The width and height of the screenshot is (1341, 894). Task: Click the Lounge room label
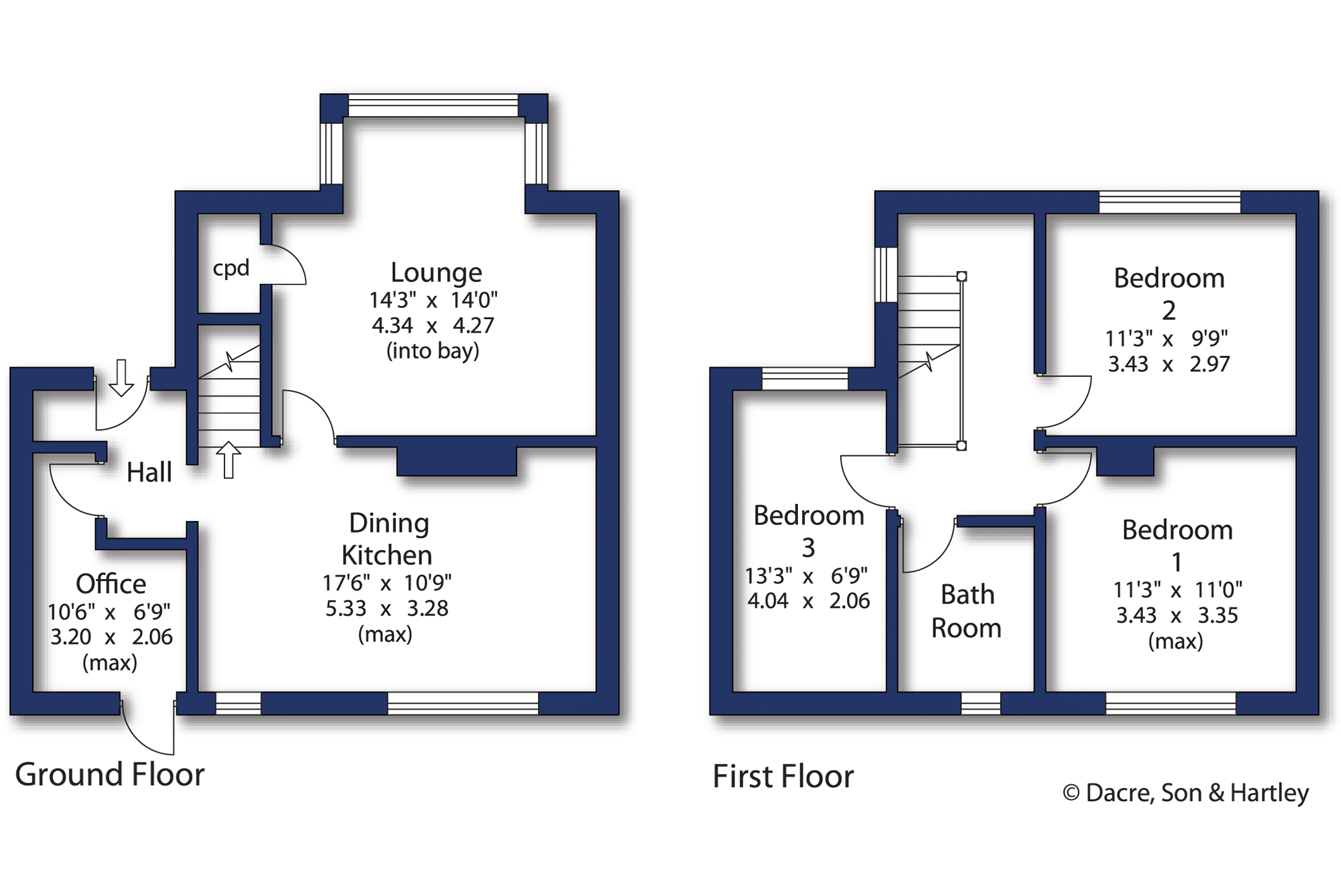point(436,273)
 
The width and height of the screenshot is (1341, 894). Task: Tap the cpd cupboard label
point(231,268)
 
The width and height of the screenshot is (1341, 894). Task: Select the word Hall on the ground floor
point(149,472)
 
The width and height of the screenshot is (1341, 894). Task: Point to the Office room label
point(111,584)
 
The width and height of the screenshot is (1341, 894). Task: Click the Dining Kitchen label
point(387,539)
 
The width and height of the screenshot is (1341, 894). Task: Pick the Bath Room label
point(966,611)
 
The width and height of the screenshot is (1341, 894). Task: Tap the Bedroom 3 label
point(809,531)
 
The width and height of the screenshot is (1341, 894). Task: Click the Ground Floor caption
point(110,774)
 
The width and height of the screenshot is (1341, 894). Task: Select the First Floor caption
point(783,776)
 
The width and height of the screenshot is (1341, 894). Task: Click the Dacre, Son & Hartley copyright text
point(1186,793)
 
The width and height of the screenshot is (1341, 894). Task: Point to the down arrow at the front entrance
point(121,378)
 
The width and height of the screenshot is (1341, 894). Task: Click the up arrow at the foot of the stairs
point(228,460)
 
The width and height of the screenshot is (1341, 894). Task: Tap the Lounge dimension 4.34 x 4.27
point(433,326)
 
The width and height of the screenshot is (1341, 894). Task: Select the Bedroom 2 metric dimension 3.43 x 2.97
point(1169,364)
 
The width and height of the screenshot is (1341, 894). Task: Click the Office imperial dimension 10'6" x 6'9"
point(109,611)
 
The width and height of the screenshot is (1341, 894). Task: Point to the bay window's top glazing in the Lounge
point(433,105)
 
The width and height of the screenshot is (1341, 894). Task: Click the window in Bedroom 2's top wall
point(1170,202)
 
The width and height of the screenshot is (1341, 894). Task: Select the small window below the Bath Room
point(981,703)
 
